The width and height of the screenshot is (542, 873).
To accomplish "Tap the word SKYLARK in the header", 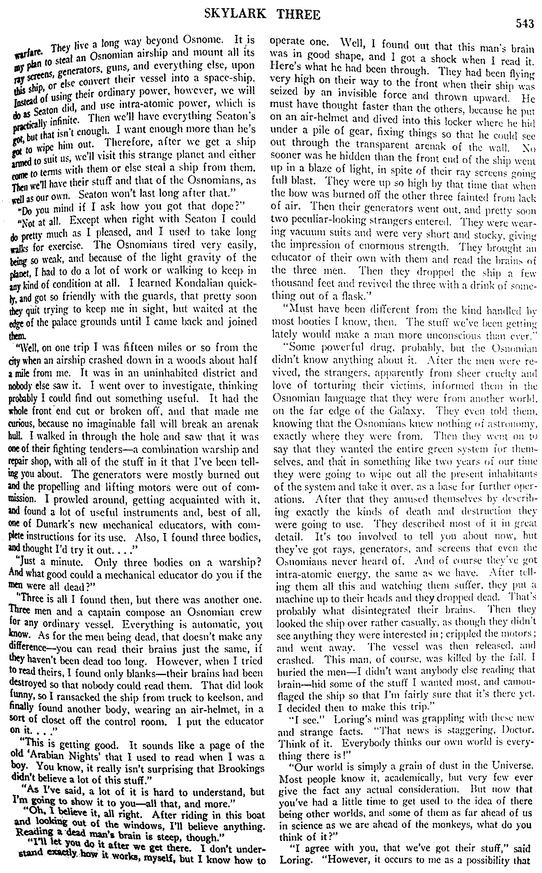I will pyautogui.click(x=239, y=15).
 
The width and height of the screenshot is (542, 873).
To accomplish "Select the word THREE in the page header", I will pyautogui.click(x=299, y=15).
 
